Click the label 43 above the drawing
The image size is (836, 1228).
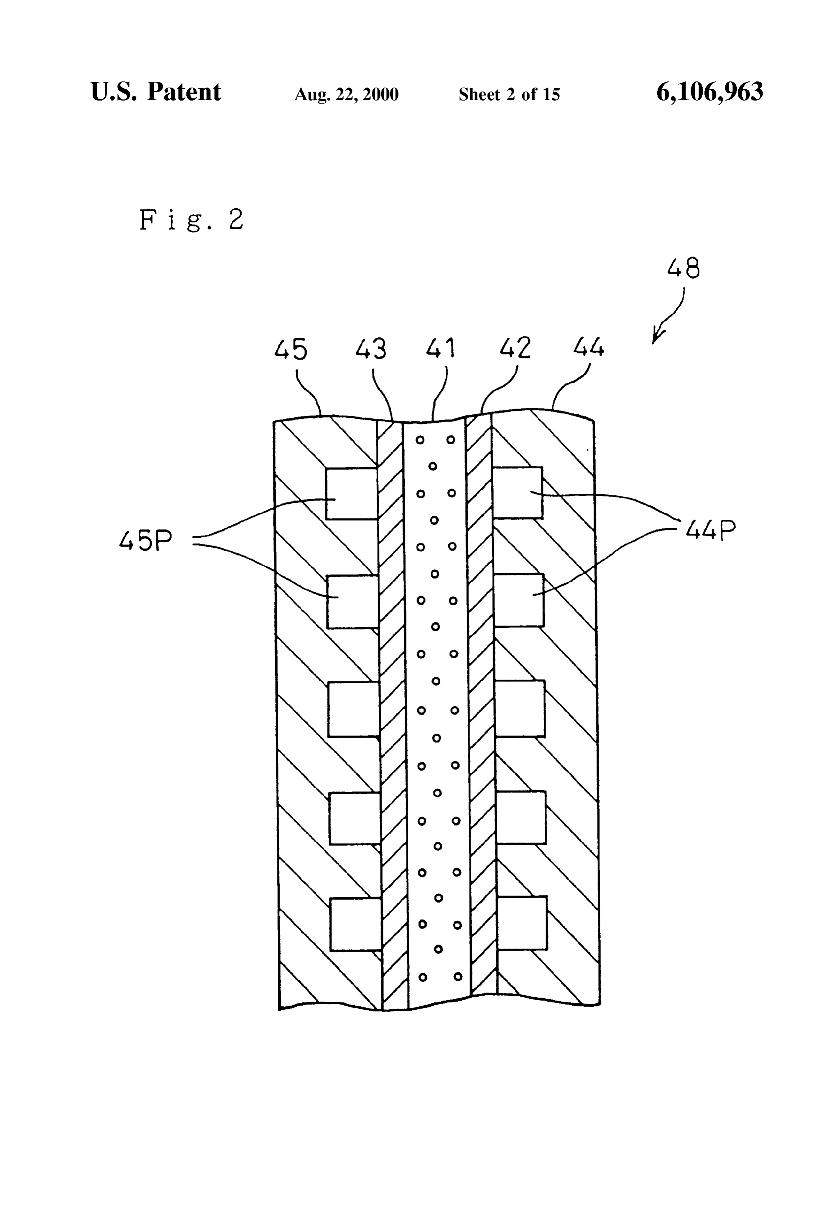370,349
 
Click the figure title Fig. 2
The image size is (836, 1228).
191,220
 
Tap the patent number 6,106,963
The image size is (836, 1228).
710,93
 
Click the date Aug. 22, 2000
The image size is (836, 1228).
346,94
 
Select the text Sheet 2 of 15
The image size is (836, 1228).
509,94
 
